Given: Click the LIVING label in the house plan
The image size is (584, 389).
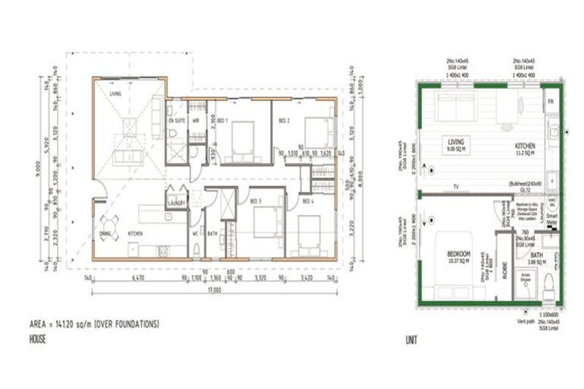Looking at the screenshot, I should [x=116, y=94].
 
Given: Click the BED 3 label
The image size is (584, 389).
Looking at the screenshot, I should [x=255, y=201].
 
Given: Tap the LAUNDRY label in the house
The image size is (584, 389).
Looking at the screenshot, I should [x=177, y=203].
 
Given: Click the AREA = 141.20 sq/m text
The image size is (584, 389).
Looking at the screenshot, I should [x=94, y=324].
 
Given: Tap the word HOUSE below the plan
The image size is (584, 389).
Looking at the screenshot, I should [x=38, y=339].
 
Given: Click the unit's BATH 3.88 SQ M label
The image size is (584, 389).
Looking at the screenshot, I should [x=537, y=258].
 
